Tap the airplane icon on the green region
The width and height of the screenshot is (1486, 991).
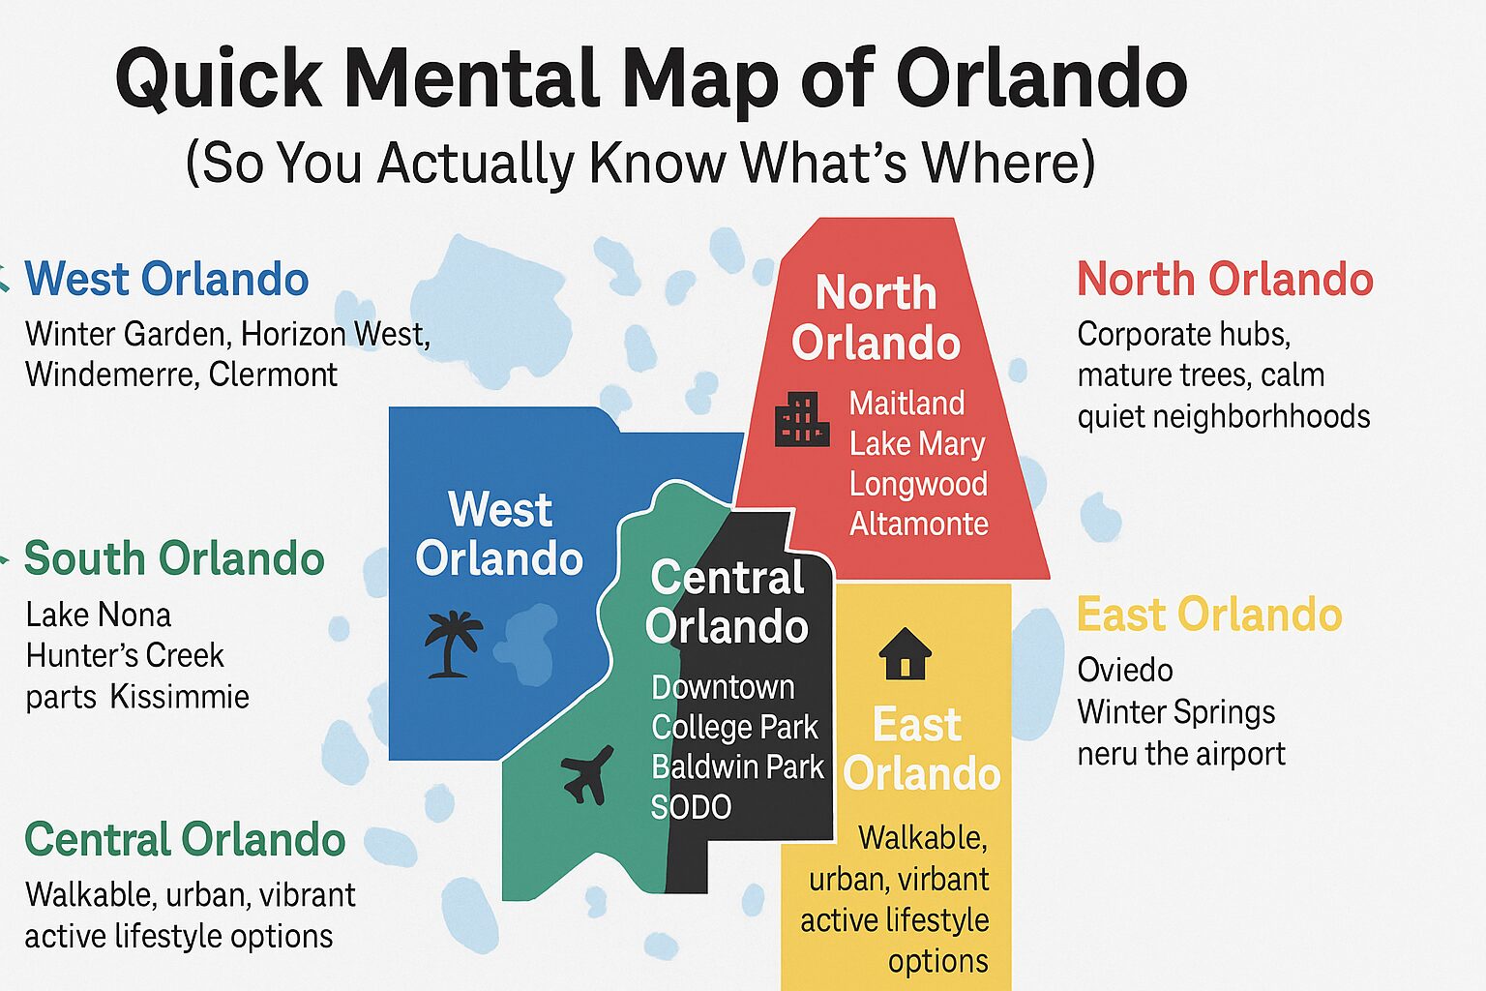coord(587,773)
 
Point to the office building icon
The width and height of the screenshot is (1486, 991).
coord(802,419)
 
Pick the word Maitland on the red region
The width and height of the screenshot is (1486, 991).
coord(906,403)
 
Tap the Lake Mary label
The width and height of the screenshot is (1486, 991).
coord(916,443)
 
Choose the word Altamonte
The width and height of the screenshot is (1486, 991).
coord(918,524)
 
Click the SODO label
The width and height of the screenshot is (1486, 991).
coord(691,806)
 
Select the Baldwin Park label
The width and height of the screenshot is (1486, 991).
coord(737,766)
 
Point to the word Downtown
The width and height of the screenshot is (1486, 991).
coord(723,687)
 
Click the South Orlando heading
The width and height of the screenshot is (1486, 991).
coord(174,558)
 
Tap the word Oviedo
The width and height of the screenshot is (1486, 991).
coord(1125,670)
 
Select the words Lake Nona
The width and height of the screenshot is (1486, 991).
coord(99,615)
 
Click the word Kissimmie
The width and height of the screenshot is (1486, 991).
coord(179,697)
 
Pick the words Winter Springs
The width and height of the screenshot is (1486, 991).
coord(1176,712)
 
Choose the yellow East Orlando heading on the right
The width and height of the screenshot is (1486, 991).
coord(1209,615)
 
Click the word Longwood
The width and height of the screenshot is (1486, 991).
coord(918,484)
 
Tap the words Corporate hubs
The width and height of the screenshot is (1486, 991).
coord(1183,334)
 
